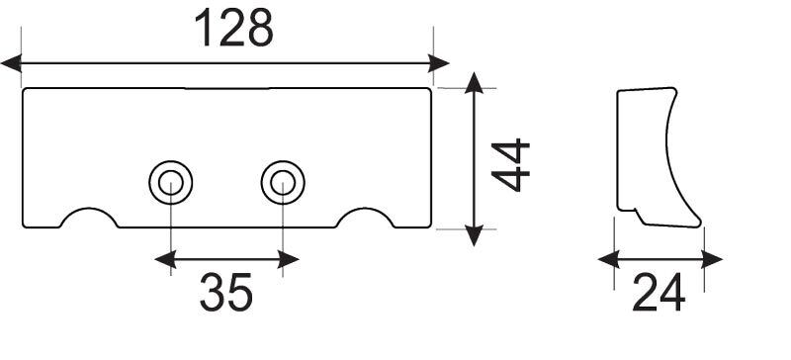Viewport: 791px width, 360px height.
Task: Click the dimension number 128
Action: click(x=233, y=29)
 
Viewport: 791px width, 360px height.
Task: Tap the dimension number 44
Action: click(x=510, y=165)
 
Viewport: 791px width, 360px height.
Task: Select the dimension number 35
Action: click(x=226, y=293)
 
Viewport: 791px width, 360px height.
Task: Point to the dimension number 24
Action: click(x=659, y=293)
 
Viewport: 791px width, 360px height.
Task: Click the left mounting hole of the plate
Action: click(x=170, y=183)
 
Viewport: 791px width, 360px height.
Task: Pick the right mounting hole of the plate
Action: click(x=283, y=183)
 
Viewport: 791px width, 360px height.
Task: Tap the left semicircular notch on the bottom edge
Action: click(x=89, y=209)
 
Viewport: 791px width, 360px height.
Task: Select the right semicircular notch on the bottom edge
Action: click(x=365, y=209)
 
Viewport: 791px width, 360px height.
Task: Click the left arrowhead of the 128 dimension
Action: click(x=11, y=63)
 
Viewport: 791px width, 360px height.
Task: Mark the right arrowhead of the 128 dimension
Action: click(x=439, y=63)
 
